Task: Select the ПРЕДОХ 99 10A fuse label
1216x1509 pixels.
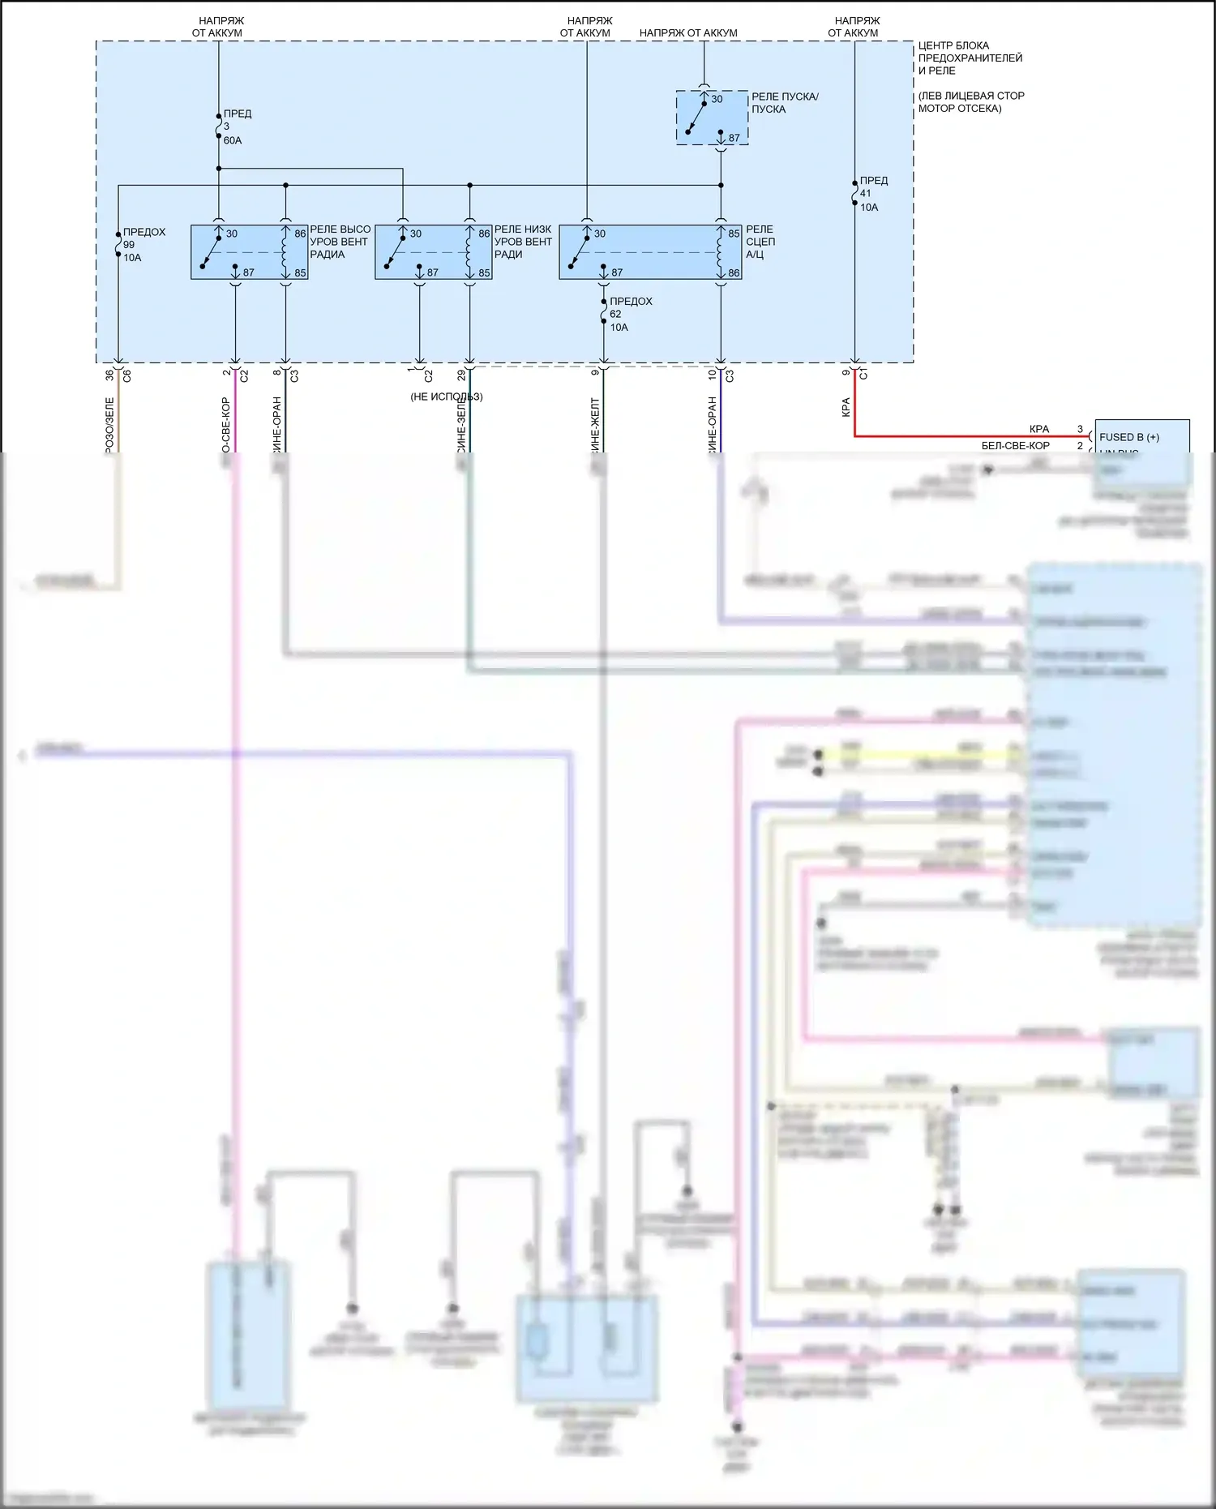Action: click(x=143, y=244)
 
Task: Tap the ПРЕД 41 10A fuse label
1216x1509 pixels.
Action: click(x=873, y=194)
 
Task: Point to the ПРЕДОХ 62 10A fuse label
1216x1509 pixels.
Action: click(x=630, y=314)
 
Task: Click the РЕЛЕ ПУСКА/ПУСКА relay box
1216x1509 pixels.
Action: click(x=712, y=118)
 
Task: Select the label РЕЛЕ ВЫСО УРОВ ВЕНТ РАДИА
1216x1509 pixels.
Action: click(x=340, y=242)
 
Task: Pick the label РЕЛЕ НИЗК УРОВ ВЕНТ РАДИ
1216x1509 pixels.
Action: click(x=523, y=242)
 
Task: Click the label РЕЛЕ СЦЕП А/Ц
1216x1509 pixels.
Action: click(x=760, y=242)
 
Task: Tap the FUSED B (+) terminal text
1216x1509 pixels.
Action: click(x=1129, y=437)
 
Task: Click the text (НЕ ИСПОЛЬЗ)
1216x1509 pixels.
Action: click(x=446, y=397)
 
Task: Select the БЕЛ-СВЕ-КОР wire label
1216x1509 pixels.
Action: click(x=1015, y=446)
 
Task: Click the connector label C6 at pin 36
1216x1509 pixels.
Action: click(x=127, y=376)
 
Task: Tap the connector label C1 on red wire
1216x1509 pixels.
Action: click(x=864, y=374)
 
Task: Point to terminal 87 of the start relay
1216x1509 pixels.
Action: click(x=733, y=138)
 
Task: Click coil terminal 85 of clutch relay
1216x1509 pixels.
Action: click(x=733, y=234)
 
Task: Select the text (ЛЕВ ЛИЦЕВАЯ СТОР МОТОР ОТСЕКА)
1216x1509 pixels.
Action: click(x=970, y=102)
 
